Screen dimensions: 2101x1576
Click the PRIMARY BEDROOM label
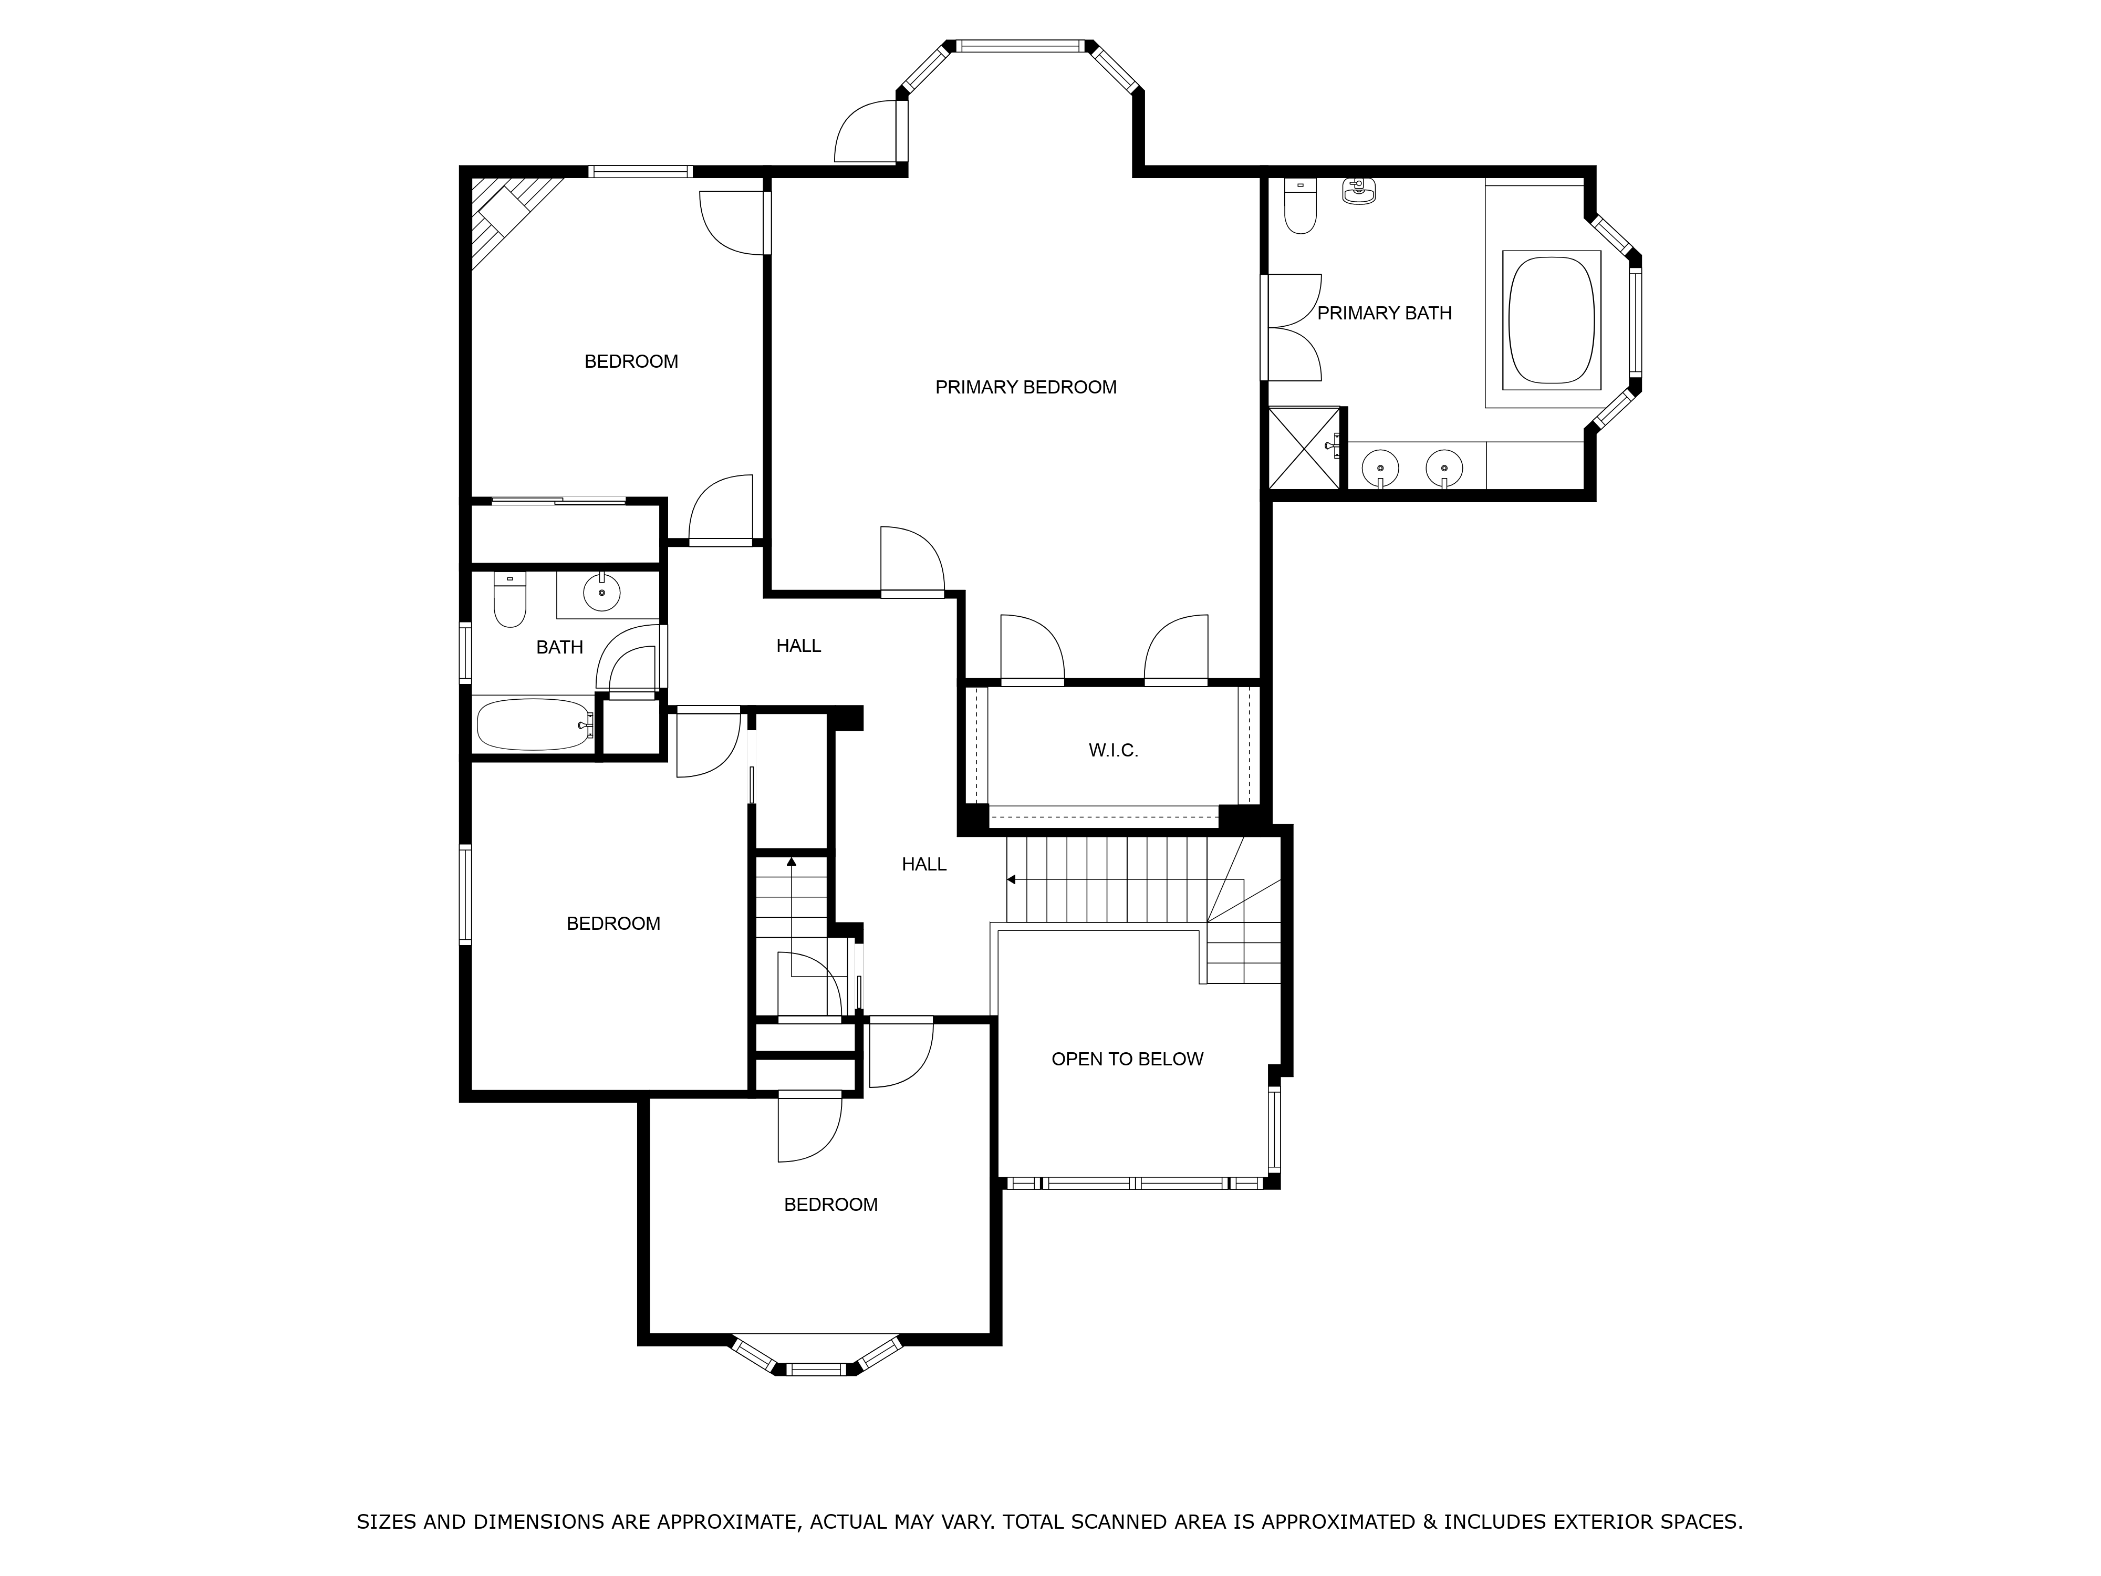pos(1026,388)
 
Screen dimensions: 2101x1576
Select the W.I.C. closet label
pos(1113,751)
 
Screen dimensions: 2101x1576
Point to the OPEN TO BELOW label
pos(1127,1059)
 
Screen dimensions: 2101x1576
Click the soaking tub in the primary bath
pos(1551,319)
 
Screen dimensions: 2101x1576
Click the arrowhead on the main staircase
pos(1012,880)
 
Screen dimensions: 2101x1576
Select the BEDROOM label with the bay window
pos(831,1205)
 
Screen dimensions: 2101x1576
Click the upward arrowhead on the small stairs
pos(791,860)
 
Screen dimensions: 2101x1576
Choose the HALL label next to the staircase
pos(924,865)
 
